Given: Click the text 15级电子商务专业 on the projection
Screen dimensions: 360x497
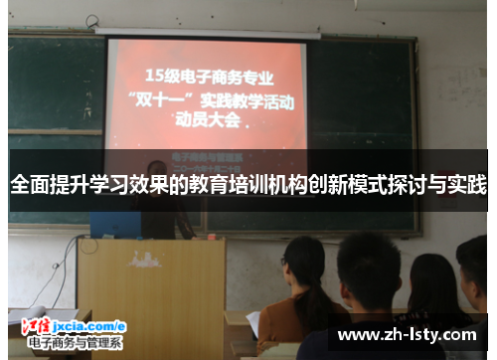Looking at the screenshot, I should coord(208,75).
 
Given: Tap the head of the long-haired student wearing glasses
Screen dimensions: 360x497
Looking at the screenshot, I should coord(302,264).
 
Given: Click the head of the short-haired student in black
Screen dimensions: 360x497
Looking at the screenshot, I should coord(368,263).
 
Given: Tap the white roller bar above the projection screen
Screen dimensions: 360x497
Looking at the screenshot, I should coord(208,34).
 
